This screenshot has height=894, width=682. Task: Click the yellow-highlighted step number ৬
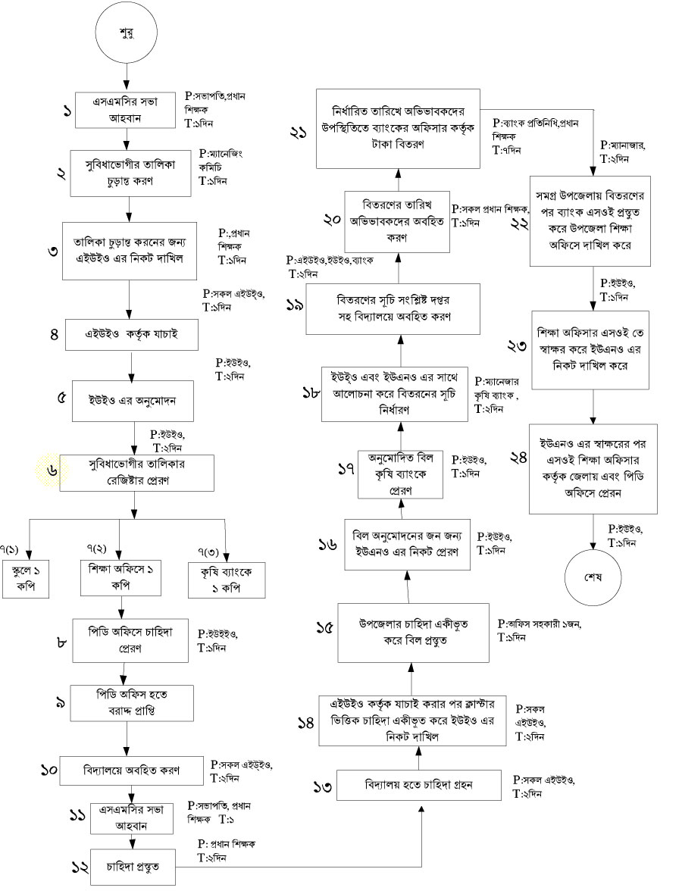pyautogui.click(x=52, y=470)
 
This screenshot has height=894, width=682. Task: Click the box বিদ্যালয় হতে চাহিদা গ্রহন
pyautogui.click(x=418, y=785)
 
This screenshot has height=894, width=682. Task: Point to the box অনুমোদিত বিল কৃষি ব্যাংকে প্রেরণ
pyautogui.click(x=400, y=474)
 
